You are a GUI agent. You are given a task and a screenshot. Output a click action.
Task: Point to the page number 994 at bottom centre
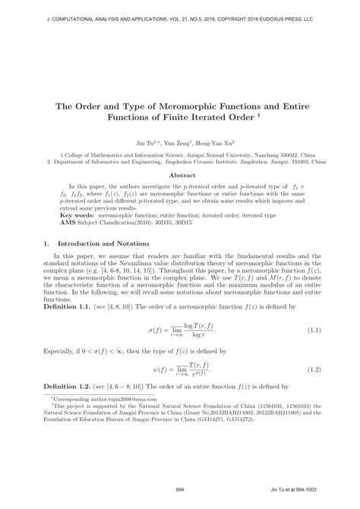click(x=179, y=490)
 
